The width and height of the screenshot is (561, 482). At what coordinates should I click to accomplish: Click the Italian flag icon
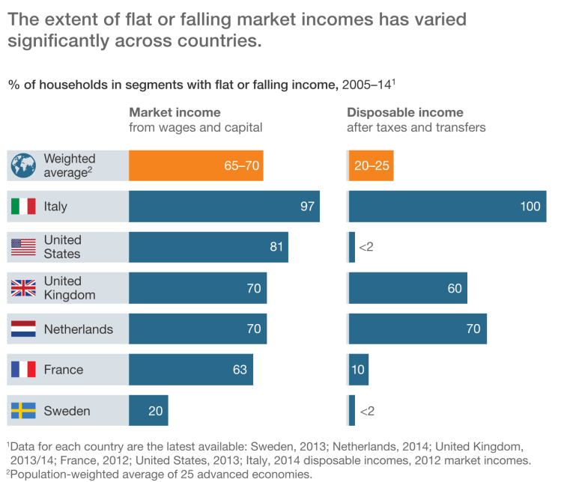click(x=23, y=207)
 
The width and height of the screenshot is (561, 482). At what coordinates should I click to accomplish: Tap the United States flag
click(x=23, y=247)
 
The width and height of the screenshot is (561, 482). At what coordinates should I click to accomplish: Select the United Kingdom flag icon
click(x=23, y=288)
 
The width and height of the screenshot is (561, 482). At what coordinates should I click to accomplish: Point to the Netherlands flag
click(x=23, y=329)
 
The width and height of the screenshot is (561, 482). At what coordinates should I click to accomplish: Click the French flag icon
click(x=23, y=370)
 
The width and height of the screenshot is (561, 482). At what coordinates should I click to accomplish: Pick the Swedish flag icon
click(x=23, y=411)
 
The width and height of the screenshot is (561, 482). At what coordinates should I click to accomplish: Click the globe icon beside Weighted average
click(x=23, y=165)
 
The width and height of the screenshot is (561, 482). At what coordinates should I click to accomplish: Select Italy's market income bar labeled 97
click(x=224, y=207)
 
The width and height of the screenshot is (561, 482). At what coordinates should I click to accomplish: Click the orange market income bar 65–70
click(x=195, y=165)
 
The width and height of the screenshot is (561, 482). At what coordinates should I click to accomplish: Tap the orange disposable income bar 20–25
click(x=371, y=165)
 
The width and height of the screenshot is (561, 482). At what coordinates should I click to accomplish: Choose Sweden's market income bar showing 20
click(x=148, y=411)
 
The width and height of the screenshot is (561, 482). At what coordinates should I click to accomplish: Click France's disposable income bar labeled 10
click(x=358, y=370)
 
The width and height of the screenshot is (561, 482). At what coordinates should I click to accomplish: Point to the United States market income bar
click(x=208, y=247)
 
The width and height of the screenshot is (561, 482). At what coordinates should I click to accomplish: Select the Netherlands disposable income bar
click(x=417, y=329)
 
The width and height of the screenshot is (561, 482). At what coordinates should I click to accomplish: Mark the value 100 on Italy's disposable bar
click(x=529, y=207)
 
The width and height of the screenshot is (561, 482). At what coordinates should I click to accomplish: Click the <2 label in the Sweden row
click(x=366, y=411)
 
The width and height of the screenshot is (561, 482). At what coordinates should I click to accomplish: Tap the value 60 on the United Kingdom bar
click(x=454, y=288)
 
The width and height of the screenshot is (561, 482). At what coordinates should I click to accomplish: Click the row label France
click(x=64, y=370)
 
